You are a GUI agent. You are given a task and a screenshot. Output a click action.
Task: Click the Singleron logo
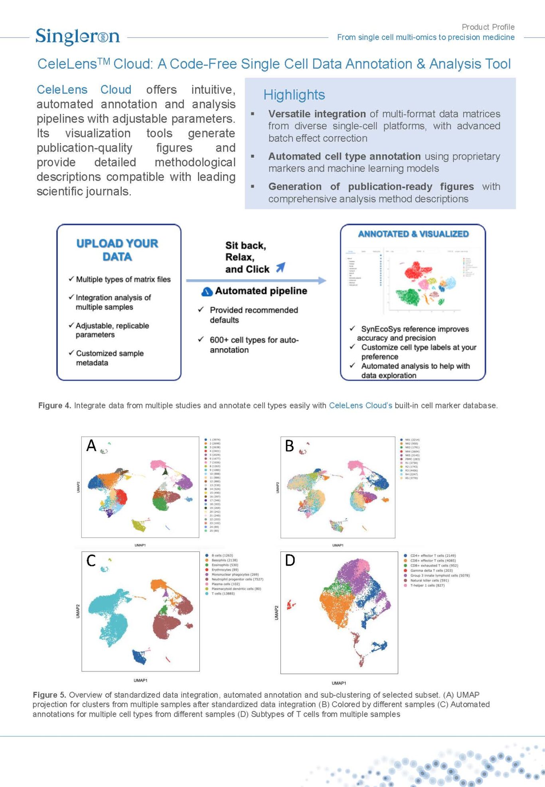click(x=77, y=37)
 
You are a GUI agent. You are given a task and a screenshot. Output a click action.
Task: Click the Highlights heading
click(x=294, y=95)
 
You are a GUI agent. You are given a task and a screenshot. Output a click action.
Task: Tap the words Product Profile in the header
click(x=488, y=27)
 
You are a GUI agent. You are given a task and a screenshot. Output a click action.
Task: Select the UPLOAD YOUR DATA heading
click(x=117, y=250)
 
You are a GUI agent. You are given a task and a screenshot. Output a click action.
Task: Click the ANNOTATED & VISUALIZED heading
click(x=413, y=234)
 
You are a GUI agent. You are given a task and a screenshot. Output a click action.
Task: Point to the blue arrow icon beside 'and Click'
click(x=281, y=267)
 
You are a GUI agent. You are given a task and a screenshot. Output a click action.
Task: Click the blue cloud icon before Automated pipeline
click(x=207, y=292)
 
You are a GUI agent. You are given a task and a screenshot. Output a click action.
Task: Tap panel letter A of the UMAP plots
click(x=91, y=446)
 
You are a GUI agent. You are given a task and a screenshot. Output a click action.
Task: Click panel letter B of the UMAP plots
click(x=290, y=446)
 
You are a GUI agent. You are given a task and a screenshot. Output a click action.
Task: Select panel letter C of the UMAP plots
click(x=91, y=561)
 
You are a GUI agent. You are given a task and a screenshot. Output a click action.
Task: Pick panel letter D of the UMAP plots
click(x=290, y=561)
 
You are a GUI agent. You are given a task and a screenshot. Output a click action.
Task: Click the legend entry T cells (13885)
click(x=223, y=594)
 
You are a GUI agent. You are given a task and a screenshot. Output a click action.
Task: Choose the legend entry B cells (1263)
click(x=222, y=555)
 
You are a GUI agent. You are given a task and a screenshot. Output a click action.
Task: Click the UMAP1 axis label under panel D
click(x=339, y=683)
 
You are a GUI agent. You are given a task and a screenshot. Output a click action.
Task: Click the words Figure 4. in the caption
click(x=54, y=406)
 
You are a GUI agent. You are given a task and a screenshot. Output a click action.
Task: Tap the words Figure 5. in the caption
click(x=49, y=695)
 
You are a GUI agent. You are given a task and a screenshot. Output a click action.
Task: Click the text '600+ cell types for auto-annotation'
click(x=254, y=345)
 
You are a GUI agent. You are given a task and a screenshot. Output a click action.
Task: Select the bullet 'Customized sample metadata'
click(x=109, y=358)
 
